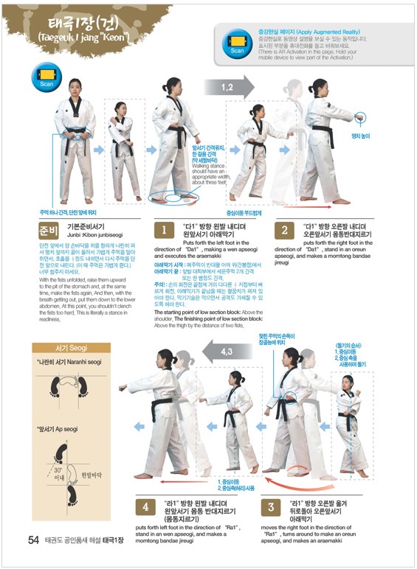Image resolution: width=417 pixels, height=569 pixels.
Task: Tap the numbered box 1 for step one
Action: tap(165, 229)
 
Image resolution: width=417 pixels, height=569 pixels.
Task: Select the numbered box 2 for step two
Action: tap(285, 229)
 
